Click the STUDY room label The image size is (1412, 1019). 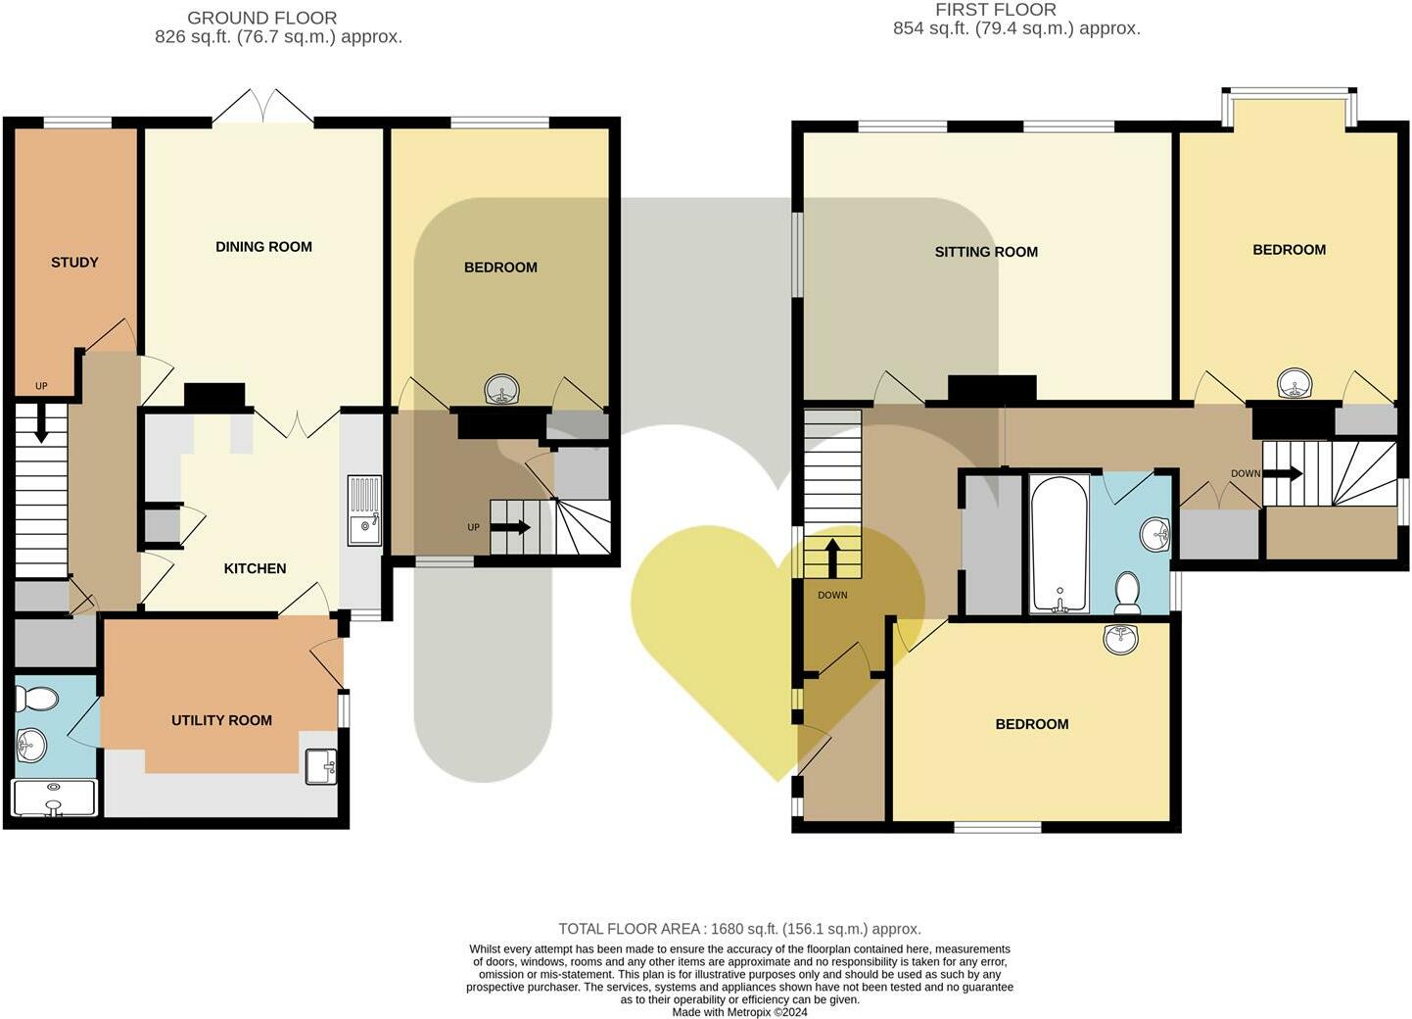coord(74,263)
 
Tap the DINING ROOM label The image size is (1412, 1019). coord(263,247)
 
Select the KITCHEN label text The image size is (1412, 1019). coord(255,568)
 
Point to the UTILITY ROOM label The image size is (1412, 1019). coord(221,720)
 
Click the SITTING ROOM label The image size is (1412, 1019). coord(986,252)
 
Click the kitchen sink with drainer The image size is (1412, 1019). coord(365,509)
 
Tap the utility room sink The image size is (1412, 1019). coord(321,766)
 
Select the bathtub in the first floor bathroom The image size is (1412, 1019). coord(1059,543)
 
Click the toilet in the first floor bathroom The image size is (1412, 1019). coord(1127,593)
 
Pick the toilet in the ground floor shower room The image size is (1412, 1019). coord(37,699)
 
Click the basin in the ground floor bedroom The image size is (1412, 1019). coord(502,390)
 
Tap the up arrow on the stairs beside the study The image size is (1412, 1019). coord(41,426)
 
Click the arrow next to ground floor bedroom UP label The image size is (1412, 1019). coord(510,527)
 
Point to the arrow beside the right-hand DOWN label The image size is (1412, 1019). coord(1283,474)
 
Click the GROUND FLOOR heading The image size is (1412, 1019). coord(261,18)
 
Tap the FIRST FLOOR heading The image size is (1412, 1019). coord(995,10)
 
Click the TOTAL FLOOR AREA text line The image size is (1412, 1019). coord(739,929)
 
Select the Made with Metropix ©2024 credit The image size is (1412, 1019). coord(739,1012)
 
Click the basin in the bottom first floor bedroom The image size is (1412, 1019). coord(1120,639)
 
